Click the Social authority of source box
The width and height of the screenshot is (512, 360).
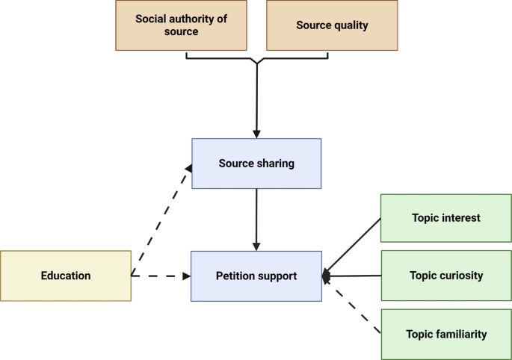pos(181,25)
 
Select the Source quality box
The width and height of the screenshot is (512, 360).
pos(332,25)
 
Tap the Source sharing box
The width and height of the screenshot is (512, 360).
pos(256,163)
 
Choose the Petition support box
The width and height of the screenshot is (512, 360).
pos(256,276)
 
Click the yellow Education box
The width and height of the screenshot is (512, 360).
pos(66,276)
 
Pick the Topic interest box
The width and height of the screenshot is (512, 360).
pos(445,218)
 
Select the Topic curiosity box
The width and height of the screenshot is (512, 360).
pos(445,276)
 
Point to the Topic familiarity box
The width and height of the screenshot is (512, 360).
pos(445,334)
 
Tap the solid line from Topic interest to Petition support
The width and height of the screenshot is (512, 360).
pos(353,246)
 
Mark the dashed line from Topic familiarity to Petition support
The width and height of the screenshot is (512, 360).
pos(355,306)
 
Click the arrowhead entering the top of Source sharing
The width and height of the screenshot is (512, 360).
pos(256,134)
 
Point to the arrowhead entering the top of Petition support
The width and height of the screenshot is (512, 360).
pos(256,246)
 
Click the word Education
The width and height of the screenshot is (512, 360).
pos(66,276)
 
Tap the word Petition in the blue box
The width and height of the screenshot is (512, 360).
pos(234,276)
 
